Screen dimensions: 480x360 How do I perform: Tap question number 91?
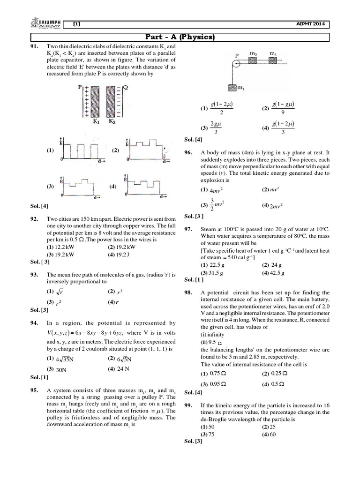35,47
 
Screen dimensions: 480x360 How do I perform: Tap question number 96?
189,152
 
